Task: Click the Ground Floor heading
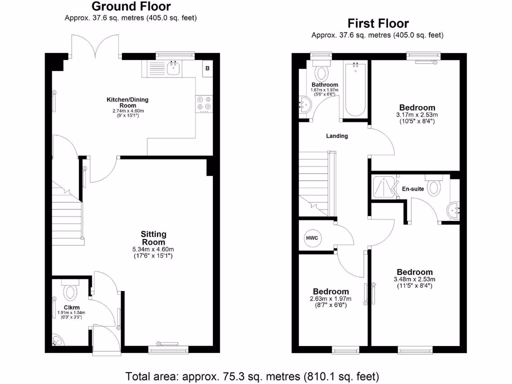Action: click(x=130, y=6)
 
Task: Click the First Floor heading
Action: click(x=378, y=23)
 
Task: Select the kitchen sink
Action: click(x=173, y=68)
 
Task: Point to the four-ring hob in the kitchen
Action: click(x=203, y=102)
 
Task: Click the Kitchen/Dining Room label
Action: click(x=127, y=102)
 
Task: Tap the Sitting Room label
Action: click(x=153, y=237)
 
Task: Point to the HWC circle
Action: click(x=312, y=237)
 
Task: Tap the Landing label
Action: click(x=336, y=136)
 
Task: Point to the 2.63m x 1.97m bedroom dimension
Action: click(x=330, y=299)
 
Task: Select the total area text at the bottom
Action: click(x=252, y=375)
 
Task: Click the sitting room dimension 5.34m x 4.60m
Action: click(x=153, y=249)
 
